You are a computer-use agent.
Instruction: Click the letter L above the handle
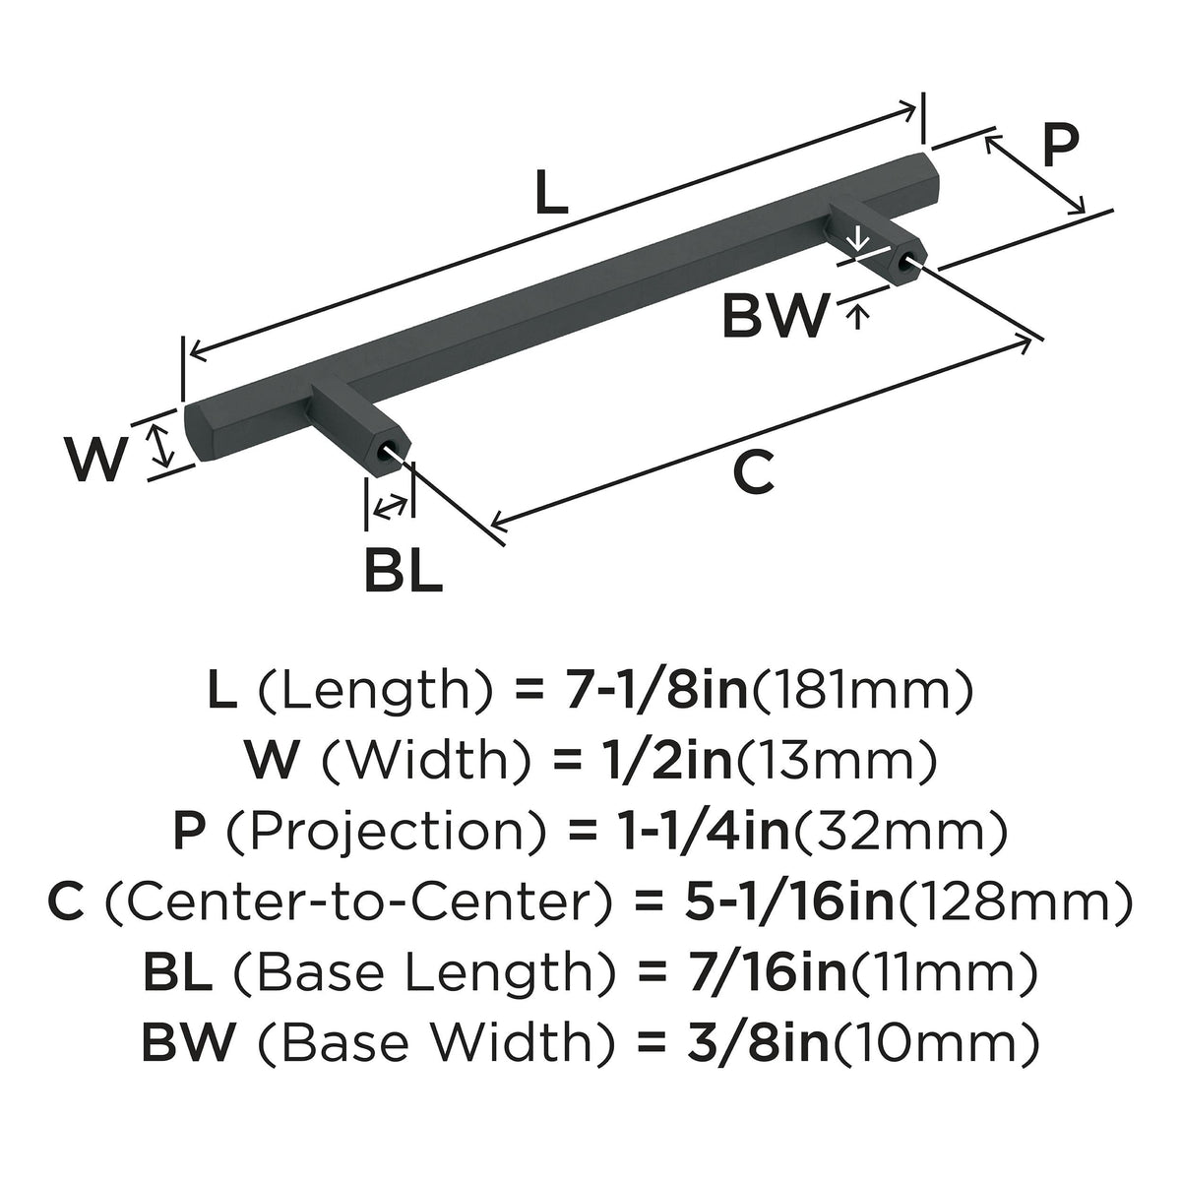(551, 192)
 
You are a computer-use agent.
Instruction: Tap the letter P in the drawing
(1060, 146)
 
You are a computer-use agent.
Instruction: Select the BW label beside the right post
(776, 316)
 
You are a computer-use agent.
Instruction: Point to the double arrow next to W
(161, 446)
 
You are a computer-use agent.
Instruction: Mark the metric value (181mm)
(862, 691)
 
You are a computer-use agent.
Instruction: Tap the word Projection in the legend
(389, 832)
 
